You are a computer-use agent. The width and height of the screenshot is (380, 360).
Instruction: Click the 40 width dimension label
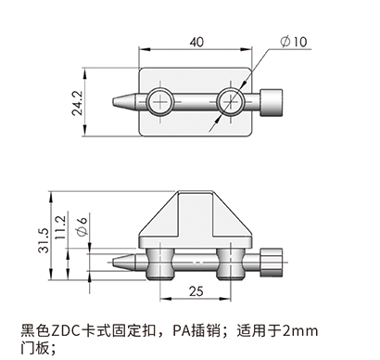pos(196,42)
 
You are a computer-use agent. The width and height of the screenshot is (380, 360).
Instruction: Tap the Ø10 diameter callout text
pos(294,42)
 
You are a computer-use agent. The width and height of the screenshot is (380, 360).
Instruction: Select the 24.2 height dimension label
pos(77,103)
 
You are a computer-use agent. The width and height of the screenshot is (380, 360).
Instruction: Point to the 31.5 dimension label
pos(44,240)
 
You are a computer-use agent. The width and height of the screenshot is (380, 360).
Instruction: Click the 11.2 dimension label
pos(60,227)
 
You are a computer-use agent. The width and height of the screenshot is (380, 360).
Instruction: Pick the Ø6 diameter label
pos(82,226)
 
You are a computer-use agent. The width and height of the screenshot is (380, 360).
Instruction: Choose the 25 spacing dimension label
pos(196,291)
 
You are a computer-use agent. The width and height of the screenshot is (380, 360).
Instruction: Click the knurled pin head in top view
pos(272,103)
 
